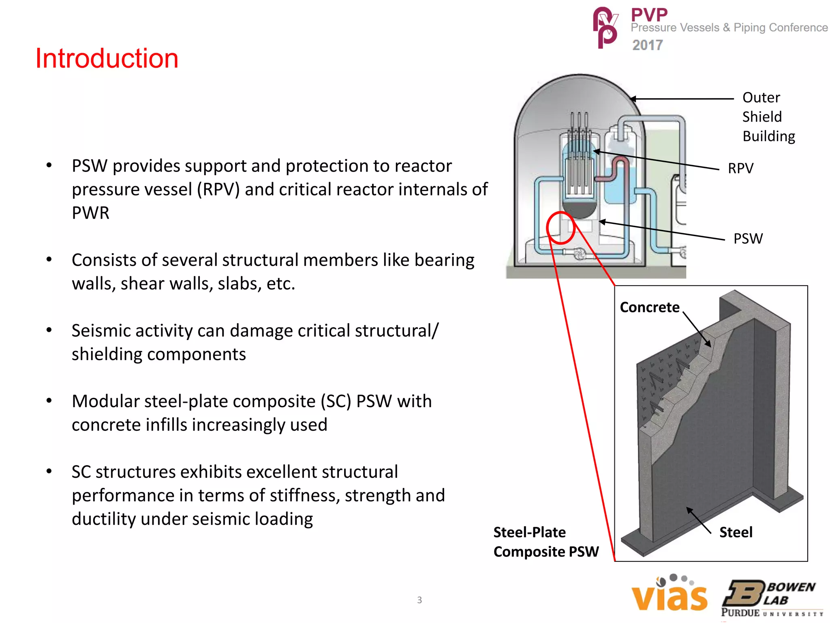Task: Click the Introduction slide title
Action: pos(107,58)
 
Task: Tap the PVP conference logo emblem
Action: pos(605,28)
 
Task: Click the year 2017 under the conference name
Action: pos(647,45)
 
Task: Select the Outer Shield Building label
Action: pos(768,117)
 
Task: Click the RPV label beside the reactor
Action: pos(740,168)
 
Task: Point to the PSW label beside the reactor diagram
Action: pos(748,238)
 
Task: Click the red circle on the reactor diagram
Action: pos(561,228)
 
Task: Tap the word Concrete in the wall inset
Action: pos(649,307)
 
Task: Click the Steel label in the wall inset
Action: pos(736,532)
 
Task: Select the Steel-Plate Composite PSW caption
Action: pos(545,542)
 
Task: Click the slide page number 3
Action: pos(419,600)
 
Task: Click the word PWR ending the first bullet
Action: pos(90,213)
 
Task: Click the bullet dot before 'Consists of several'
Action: pos(49,260)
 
